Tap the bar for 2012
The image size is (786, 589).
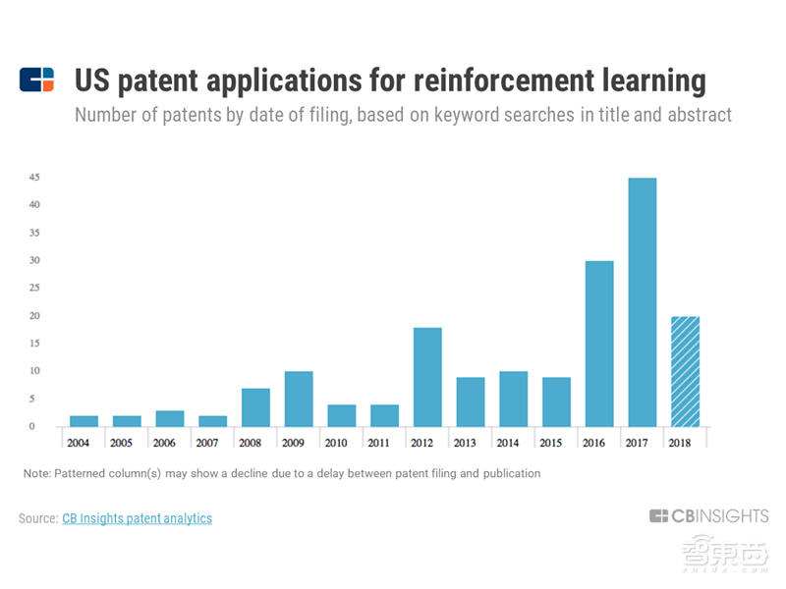[x=427, y=377]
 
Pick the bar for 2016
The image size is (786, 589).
[x=599, y=344]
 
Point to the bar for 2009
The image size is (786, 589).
[x=299, y=399]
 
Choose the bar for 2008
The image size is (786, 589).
[x=255, y=407]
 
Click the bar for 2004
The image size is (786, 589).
[x=84, y=421]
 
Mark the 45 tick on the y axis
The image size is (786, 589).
[x=33, y=178]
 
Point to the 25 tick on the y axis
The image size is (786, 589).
[x=33, y=289]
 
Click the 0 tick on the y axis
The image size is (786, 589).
[x=32, y=426]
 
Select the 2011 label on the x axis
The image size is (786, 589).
[x=378, y=442]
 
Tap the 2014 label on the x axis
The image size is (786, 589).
[x=507, y=442]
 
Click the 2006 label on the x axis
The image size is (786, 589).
[x=164, y=442]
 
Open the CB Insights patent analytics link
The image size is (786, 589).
[x=137, y=518]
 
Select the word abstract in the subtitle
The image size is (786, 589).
[x=697, y=115]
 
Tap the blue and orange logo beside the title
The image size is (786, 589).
[x=37, y=80]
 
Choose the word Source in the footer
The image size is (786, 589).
[x=37, y=518]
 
